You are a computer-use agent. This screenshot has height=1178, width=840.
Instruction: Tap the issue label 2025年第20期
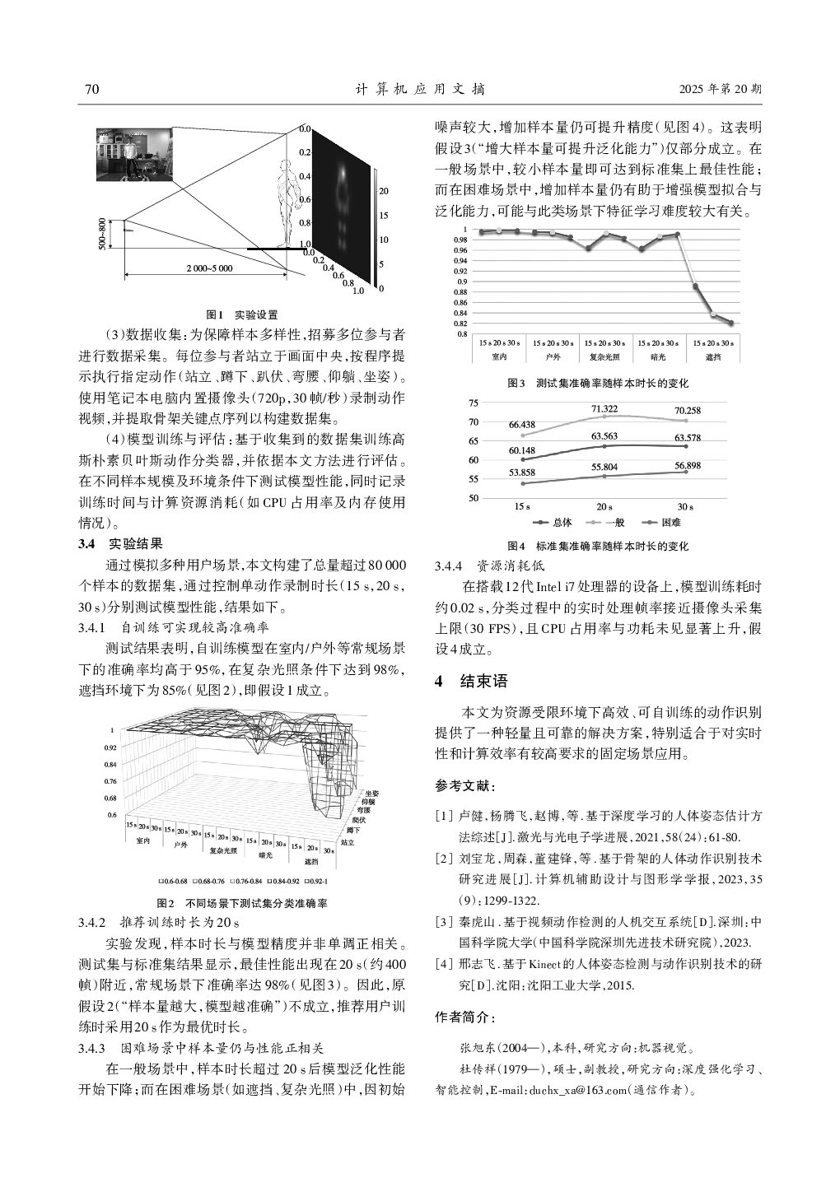pos(721,89)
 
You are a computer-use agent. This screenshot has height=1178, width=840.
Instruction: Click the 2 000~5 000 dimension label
pos(208,268)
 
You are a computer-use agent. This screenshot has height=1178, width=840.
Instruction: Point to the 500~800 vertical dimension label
pos(101,234)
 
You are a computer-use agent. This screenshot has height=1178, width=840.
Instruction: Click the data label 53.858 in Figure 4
pos(522,473)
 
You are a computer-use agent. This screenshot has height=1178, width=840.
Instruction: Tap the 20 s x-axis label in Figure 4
pos(604,506)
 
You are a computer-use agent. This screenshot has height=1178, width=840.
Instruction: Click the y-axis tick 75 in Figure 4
pos(473,403)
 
